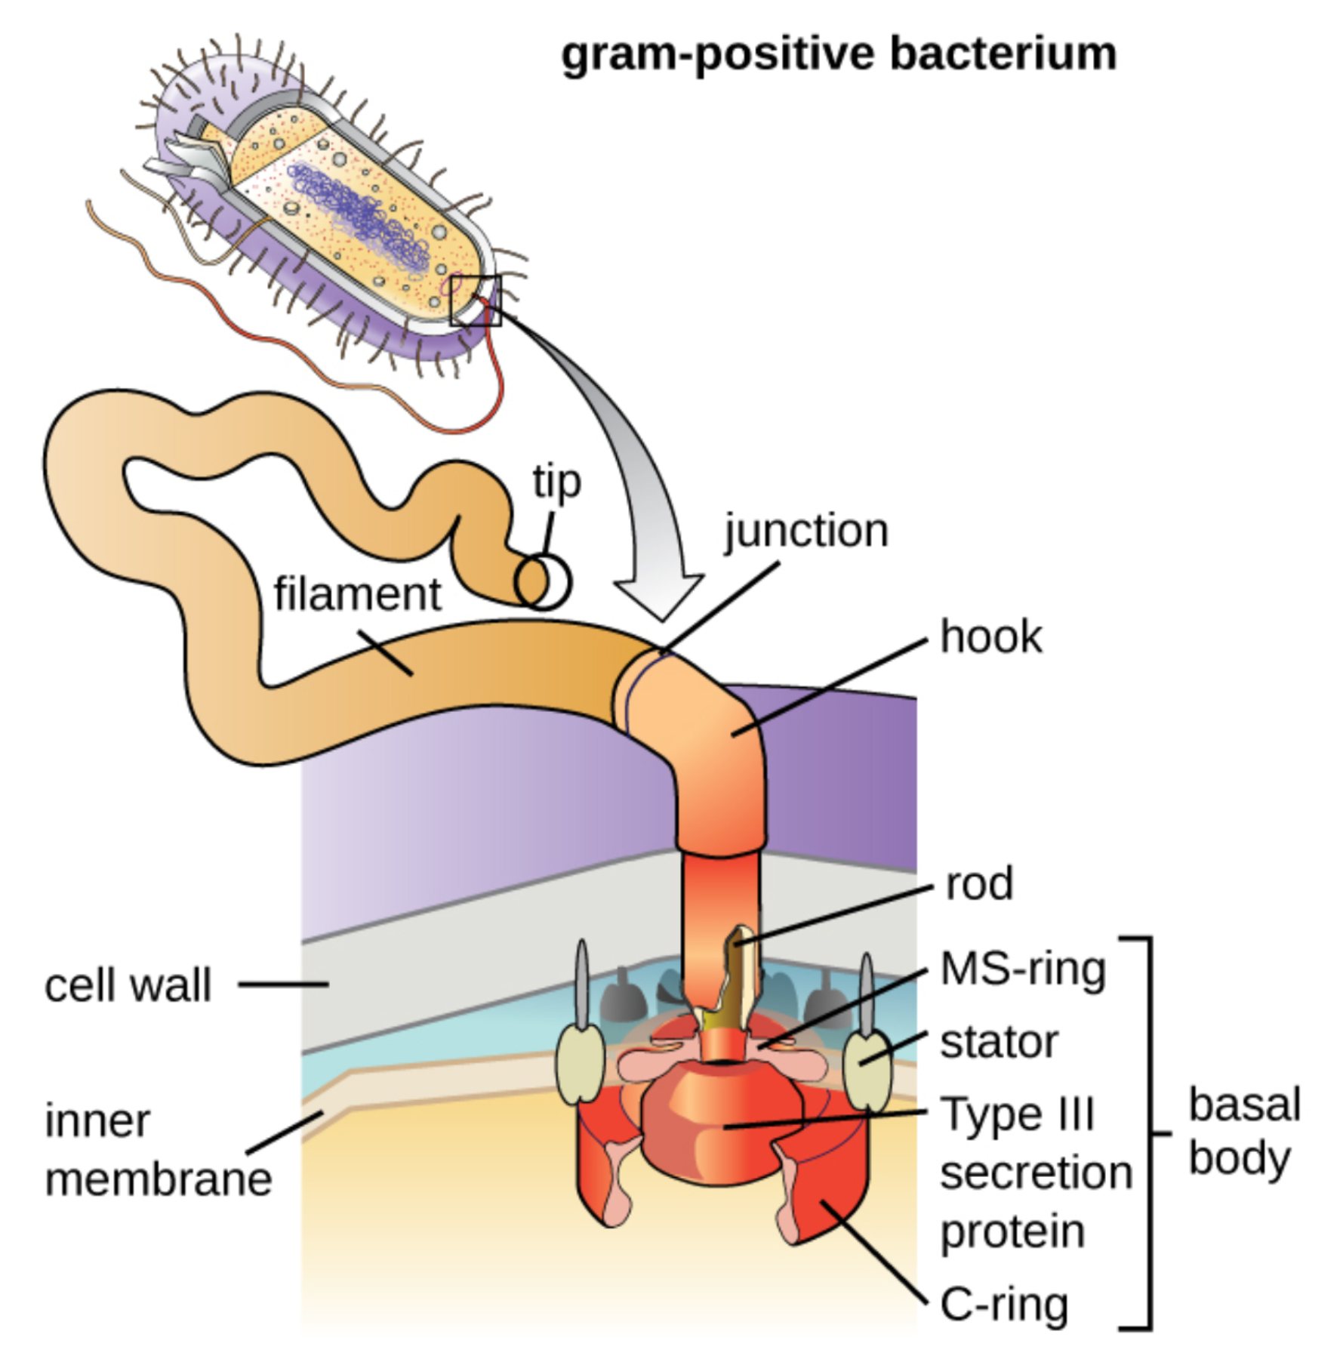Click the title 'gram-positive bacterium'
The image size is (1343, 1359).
(838, 54)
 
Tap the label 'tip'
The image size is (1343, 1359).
(556, 482)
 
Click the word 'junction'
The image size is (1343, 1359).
(806, 532)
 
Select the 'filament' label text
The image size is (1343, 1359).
(357, 595)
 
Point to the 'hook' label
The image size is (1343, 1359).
(990, 637)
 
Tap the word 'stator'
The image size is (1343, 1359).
(999, 1043)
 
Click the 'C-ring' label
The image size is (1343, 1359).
(1004, 1304)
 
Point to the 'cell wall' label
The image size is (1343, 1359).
(128, 986)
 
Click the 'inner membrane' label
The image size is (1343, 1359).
(157, 1151)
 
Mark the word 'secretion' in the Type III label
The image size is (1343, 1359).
(1036, 1173)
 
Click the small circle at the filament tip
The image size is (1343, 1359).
(544, 583)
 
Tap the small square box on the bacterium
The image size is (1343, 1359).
(476, 300)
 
